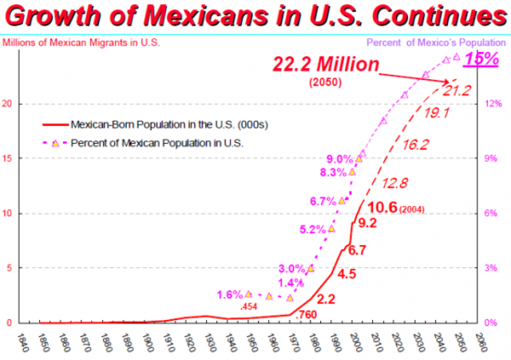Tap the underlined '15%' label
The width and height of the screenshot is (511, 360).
point(482,59)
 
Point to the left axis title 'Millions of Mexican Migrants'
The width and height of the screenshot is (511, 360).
point(81,42)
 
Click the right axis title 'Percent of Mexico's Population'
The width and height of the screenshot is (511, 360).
point(438,42)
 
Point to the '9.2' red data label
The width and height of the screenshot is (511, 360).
point(366,223)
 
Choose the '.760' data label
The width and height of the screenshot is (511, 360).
point(307,315)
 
